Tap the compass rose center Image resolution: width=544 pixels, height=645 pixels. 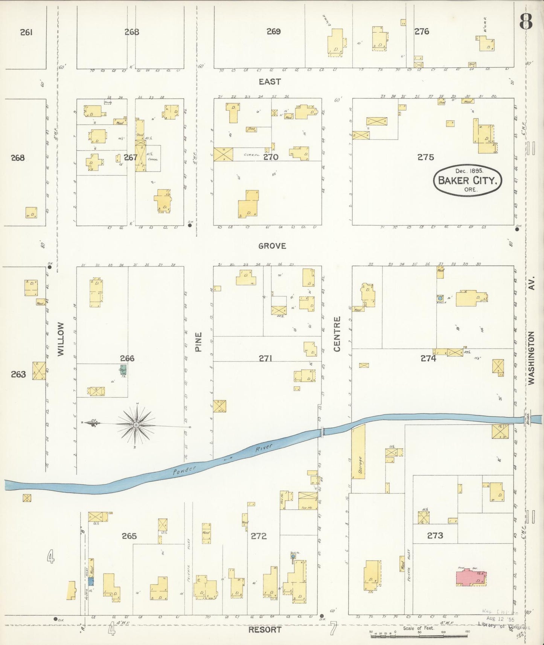pos(136,425)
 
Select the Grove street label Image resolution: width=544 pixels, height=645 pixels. pos(272,246)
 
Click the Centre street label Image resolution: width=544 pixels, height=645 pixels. pos(337,334)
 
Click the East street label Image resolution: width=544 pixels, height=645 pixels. pos(270,81)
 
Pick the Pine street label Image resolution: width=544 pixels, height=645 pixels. pos(198,342)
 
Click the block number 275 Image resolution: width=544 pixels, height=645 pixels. pos(425,157)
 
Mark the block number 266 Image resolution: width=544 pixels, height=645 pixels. pos(127,358)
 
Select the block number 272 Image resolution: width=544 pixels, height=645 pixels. pos(259,535)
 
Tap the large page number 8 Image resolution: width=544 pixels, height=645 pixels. pos(526,23)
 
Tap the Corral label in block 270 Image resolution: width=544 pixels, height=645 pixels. pos(251,155)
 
